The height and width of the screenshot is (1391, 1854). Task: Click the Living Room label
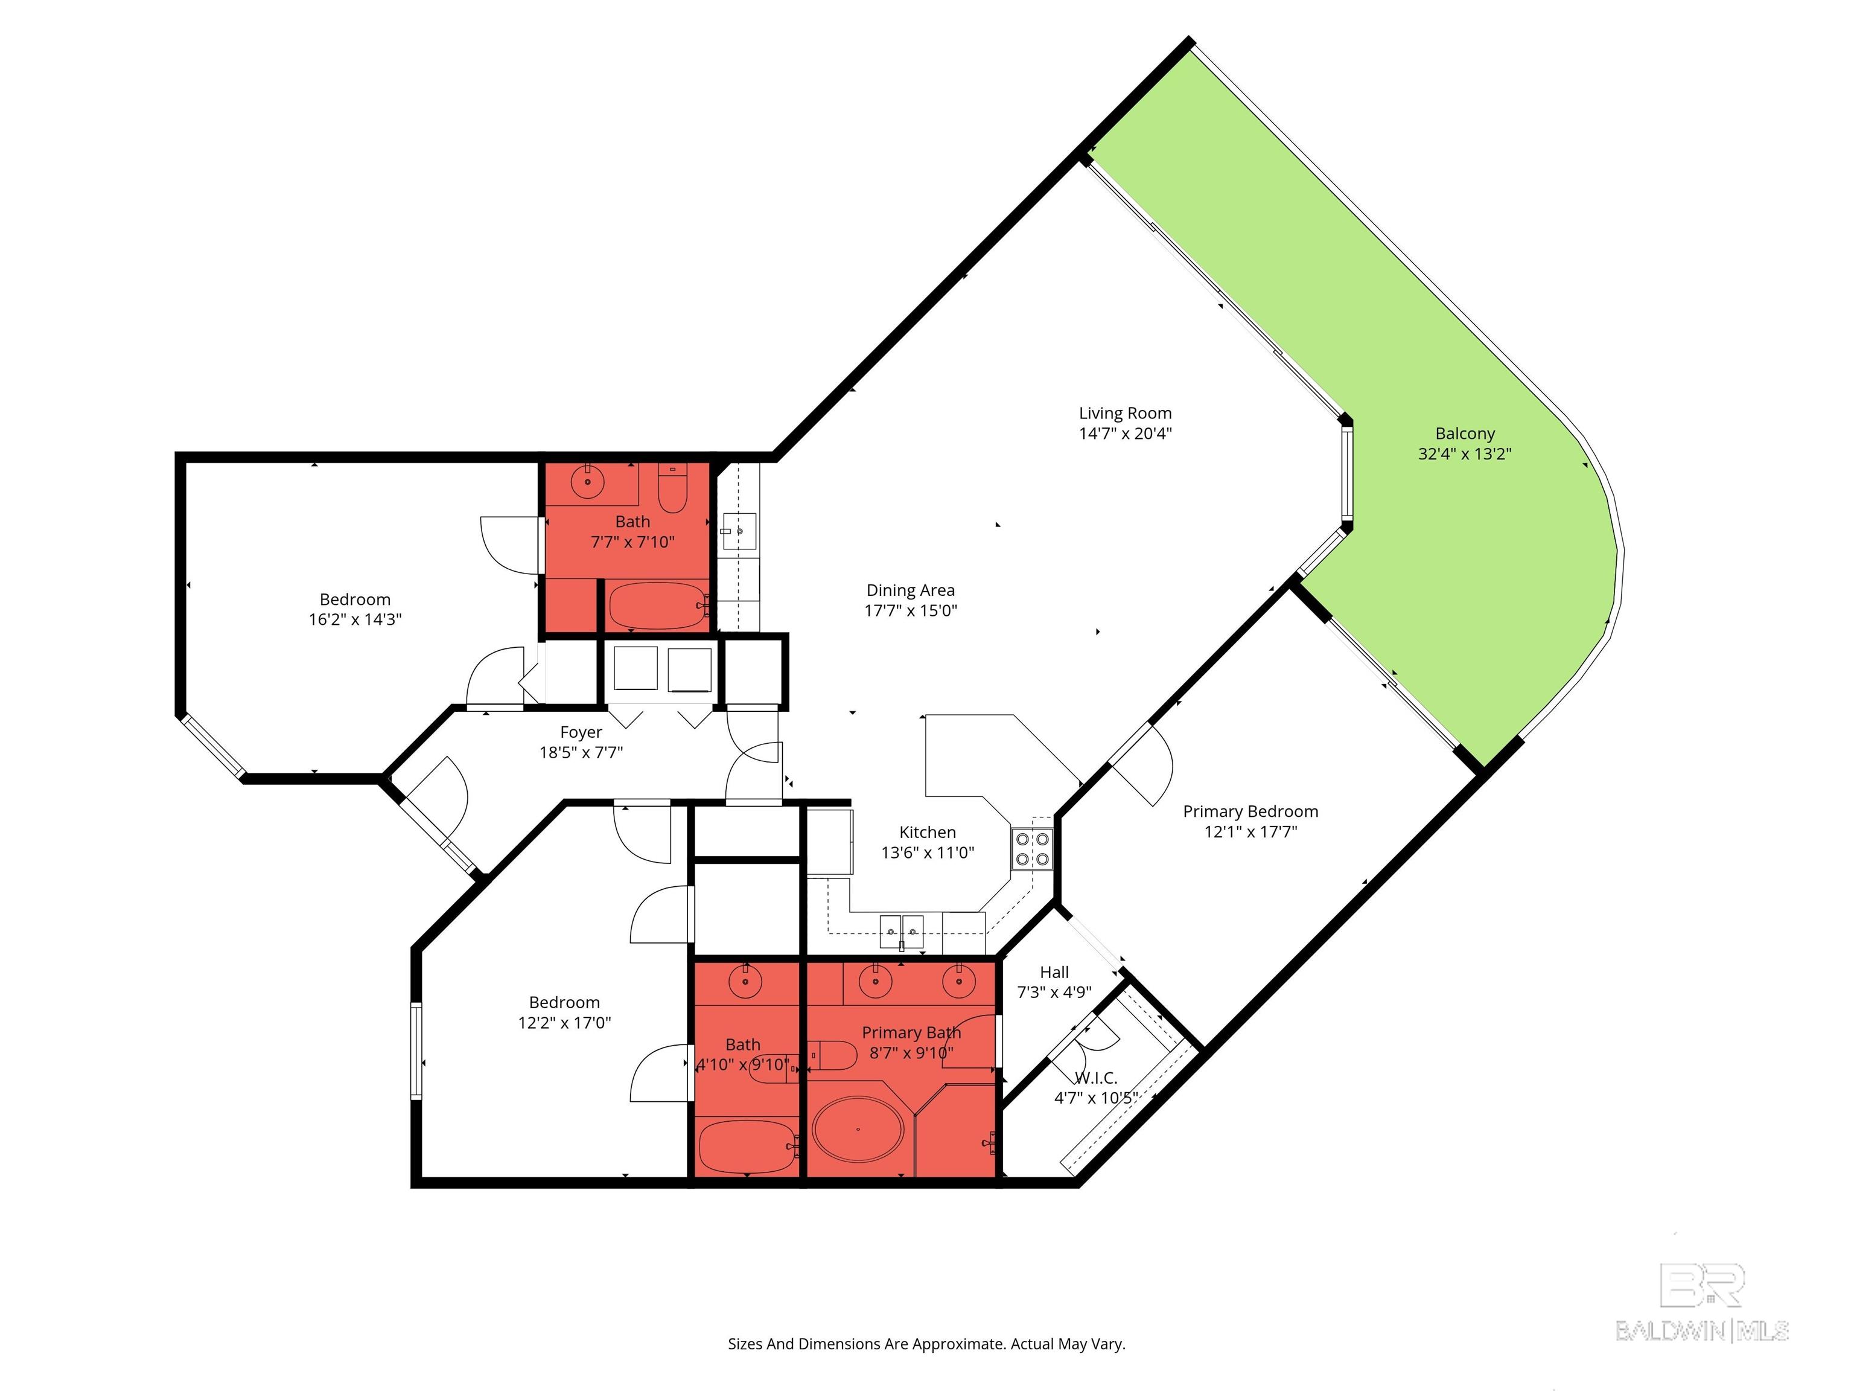click(x=1125, y=414)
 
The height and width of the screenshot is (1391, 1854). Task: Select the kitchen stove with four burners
click(x=1032, y=848)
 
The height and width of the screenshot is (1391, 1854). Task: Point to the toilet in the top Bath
click(x=672, y=490)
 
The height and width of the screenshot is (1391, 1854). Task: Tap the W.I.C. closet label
click(x=1097, y=1078)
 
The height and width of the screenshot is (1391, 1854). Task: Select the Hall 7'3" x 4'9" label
click(x=1054, y=982)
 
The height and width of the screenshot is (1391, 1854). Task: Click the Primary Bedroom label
click(x=1250, y=811)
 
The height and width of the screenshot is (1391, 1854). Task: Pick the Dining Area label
click(x=910, y=590)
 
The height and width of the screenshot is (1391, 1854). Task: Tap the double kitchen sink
click(x=901, y=932)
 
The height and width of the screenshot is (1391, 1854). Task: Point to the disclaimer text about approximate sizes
click(x=926, y=1344)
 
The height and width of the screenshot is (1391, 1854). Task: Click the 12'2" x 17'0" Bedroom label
click(x=564, y=1012)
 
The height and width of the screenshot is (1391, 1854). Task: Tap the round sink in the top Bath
click(x=588, y=482)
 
